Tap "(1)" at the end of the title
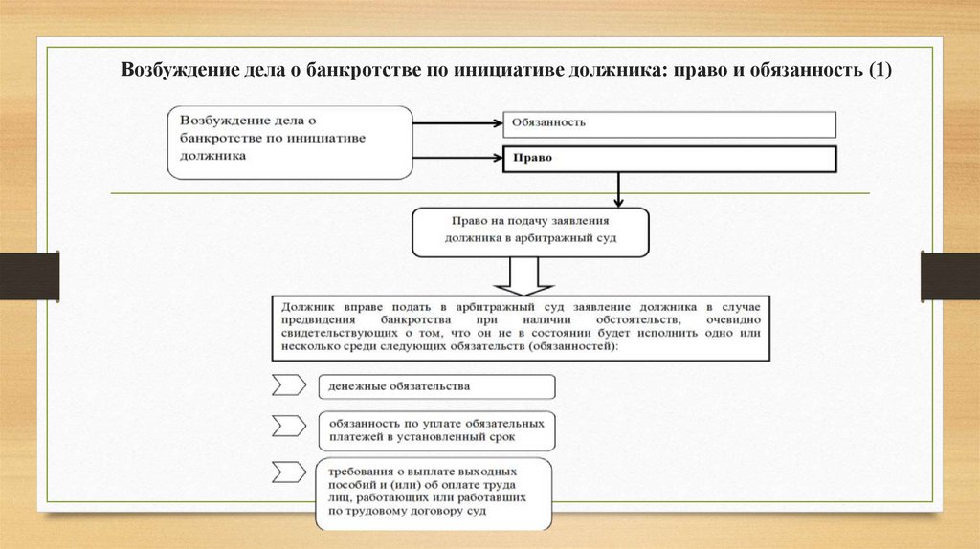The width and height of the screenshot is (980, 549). click(879, 70)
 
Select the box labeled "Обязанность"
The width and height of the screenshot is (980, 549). click(669, 123)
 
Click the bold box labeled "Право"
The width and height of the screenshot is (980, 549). click(669, 159)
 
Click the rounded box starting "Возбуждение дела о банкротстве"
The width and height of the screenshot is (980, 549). click(290, 143)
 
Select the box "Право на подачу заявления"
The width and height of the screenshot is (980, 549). click(530, 231)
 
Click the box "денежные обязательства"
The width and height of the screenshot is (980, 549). click(435, 386)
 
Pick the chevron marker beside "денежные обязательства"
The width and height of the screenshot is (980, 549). click(288, 385)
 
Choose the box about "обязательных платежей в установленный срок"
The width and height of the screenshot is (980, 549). click(435, 429)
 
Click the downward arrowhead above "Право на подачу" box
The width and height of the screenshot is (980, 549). click(619, 201)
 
